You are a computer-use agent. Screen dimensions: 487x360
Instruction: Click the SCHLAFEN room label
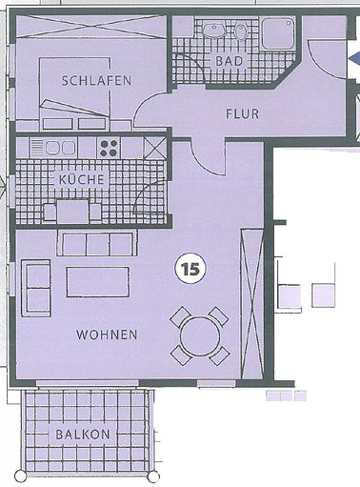tap(95, 81)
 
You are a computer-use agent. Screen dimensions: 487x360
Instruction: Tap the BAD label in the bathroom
tap(230, 61)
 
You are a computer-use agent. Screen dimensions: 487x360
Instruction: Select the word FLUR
tap(242, 113)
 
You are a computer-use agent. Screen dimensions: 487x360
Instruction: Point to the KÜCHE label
tap(81, 179)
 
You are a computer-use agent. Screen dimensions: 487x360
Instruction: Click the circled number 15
tap(189, 269)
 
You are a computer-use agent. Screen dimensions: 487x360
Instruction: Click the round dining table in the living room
tap(200, 335)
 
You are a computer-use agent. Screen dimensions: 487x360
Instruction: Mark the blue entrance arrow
tap(353, 62)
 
